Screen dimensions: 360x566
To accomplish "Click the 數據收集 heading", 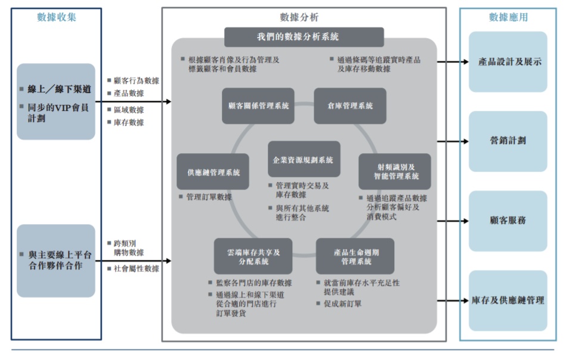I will click(57, 17).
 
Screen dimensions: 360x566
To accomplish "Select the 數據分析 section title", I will click(304, 17).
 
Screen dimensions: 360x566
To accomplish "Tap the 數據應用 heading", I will click(508, 17).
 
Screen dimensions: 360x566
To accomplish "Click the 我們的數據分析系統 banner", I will click(304, 37).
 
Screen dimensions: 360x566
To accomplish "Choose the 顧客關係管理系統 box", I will click(258, 106).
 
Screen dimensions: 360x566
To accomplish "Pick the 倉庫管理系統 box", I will click(350, 106).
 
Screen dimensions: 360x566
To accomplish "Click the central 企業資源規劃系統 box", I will click(304, 160).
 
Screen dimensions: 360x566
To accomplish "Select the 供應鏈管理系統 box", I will click(213, 172).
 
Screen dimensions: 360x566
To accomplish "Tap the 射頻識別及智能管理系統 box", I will click(394, 171).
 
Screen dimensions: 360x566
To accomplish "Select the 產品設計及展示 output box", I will click(508, 61).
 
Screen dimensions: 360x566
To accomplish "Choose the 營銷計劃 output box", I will click(508, 141).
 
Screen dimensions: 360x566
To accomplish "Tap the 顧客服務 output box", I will click(508, 221).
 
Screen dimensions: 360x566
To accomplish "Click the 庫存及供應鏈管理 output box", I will click(508, 300).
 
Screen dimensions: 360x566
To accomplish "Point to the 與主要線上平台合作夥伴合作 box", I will click(56, 260).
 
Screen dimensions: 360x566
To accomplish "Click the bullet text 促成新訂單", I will click(343, 303).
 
